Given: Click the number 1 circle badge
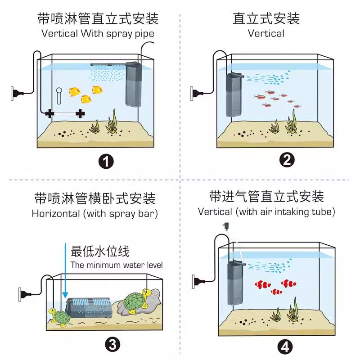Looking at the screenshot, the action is pyautogui.click(x=106, y=162).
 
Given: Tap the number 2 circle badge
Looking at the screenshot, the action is pyautogui.click(x=287, y=160).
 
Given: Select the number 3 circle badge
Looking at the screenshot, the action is pyautogui.click(x=112, y=345).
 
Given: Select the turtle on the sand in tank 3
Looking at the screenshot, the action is pyautogui.click(x=60, y=318).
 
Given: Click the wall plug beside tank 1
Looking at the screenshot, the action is pyautogui.click(x=17, y=93).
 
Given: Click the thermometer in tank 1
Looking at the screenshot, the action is pyautogui.click(x=59, y=96).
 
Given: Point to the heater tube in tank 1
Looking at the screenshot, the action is pyautogui.click(x=65, y=113).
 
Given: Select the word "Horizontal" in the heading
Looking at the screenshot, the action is pyautogui.click(x=56, y=213).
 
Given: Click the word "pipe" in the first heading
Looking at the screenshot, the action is pyautogui.click(x=144, y=34).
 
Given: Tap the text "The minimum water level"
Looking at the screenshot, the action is pyautogui.click(x=117, y=265).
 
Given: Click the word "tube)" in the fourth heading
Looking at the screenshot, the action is pyautogui.click(x=323, y=211).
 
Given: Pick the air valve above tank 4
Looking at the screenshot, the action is pyautogui.click(x=225, y=226).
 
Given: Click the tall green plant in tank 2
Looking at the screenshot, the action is pyautogui.click(x=291, y=122).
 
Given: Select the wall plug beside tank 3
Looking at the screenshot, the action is pyautogui.click(x=25, y=294).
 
